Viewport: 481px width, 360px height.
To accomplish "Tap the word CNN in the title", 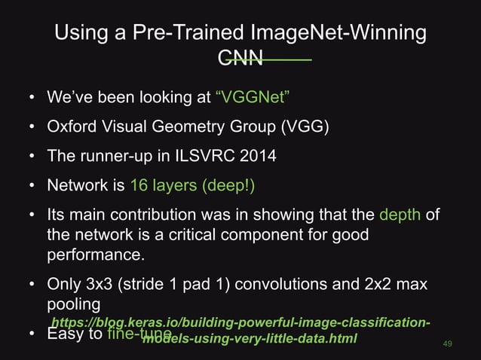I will click(x=240, y=58).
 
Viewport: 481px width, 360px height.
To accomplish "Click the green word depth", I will click(x=400, y=217).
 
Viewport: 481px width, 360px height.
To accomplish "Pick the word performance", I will click(x=94, y=255).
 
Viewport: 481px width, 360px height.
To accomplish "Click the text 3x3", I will click(x=97, y=286).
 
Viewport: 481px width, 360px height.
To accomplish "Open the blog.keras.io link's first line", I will click(x=240, y=324).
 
